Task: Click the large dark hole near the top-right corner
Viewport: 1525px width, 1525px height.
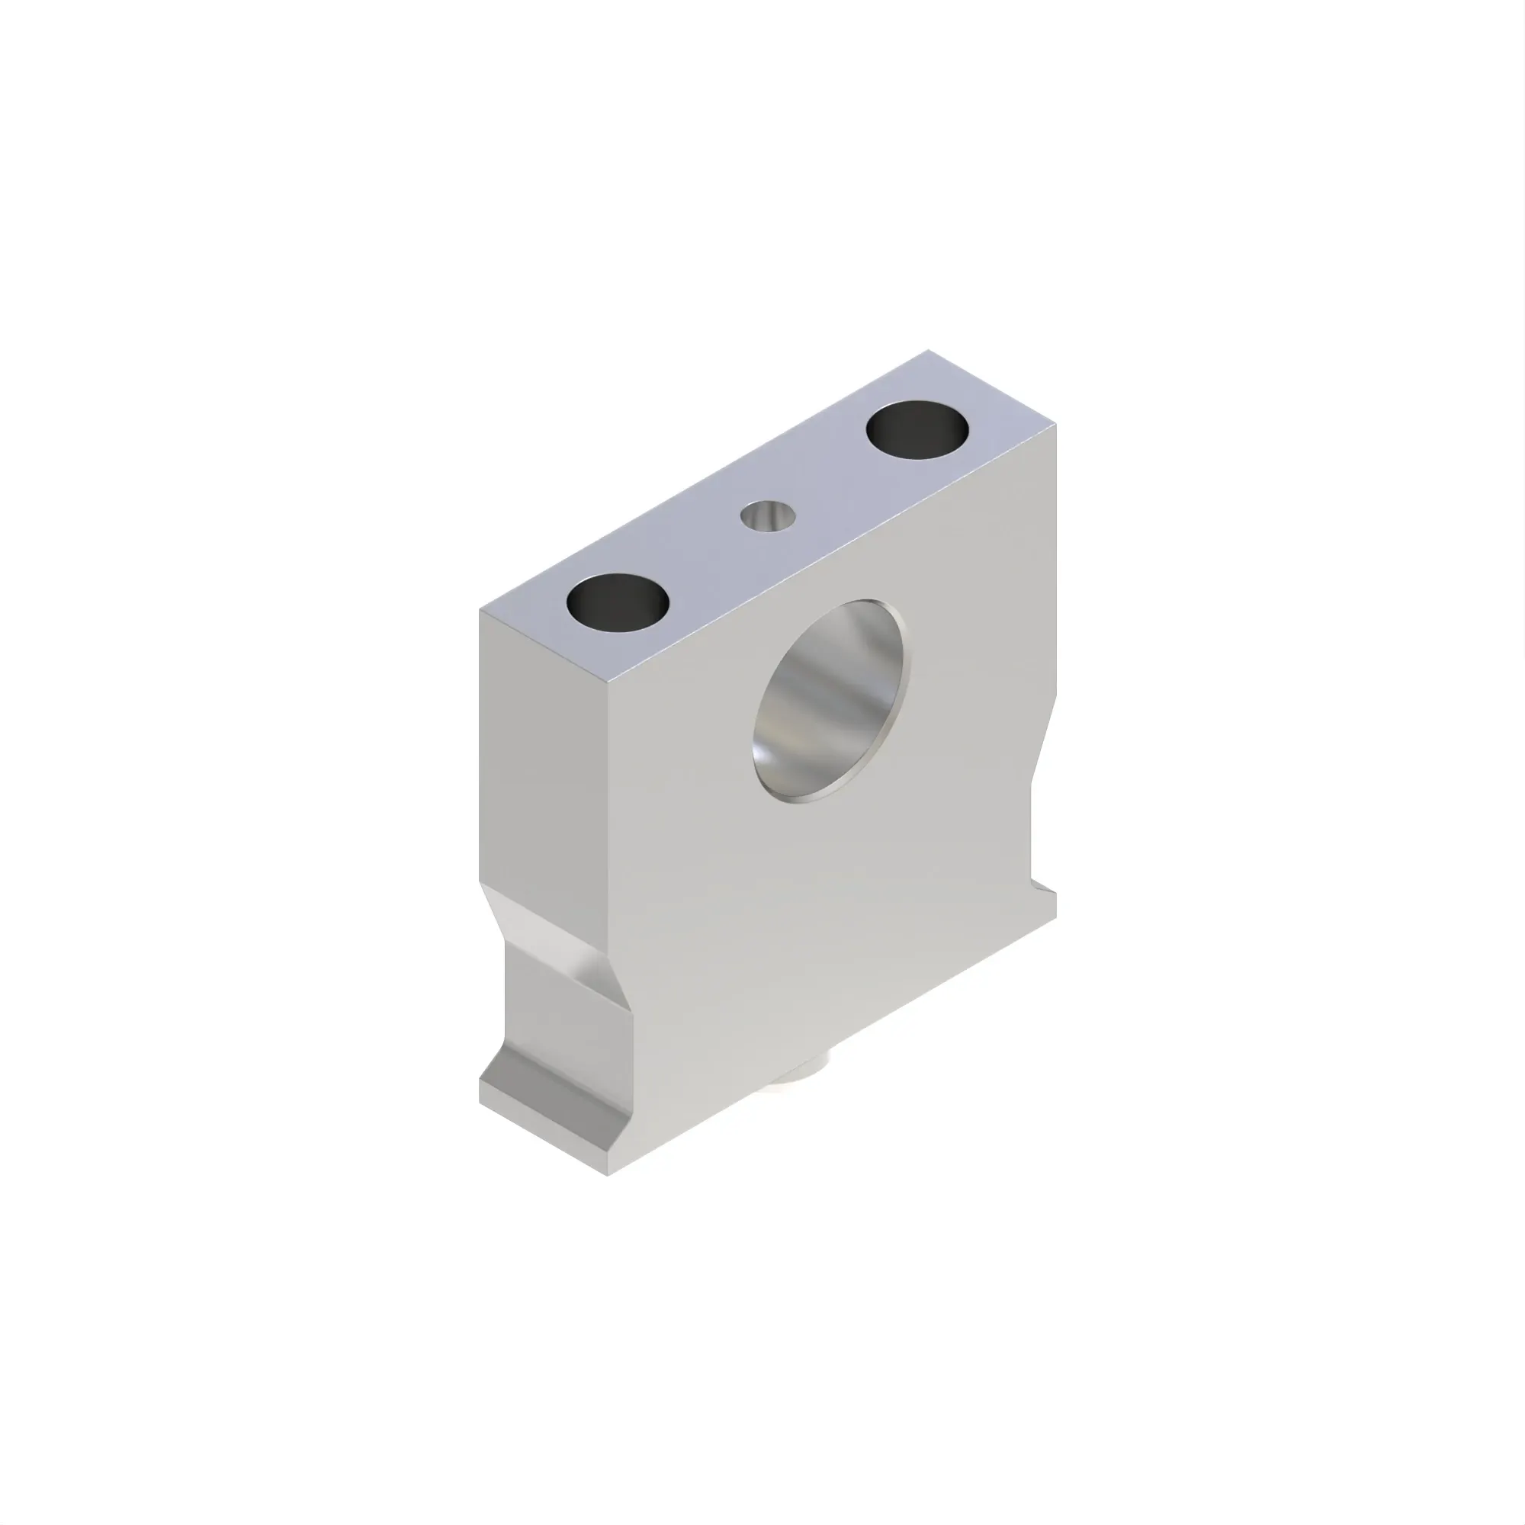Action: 917,430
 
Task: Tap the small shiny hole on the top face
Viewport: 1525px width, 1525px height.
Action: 767,517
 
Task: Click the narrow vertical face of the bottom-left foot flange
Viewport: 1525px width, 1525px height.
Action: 544,1137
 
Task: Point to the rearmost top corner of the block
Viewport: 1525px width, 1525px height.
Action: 927,352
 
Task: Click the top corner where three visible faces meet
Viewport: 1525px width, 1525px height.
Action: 610,683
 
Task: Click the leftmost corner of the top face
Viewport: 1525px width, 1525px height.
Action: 480,610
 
